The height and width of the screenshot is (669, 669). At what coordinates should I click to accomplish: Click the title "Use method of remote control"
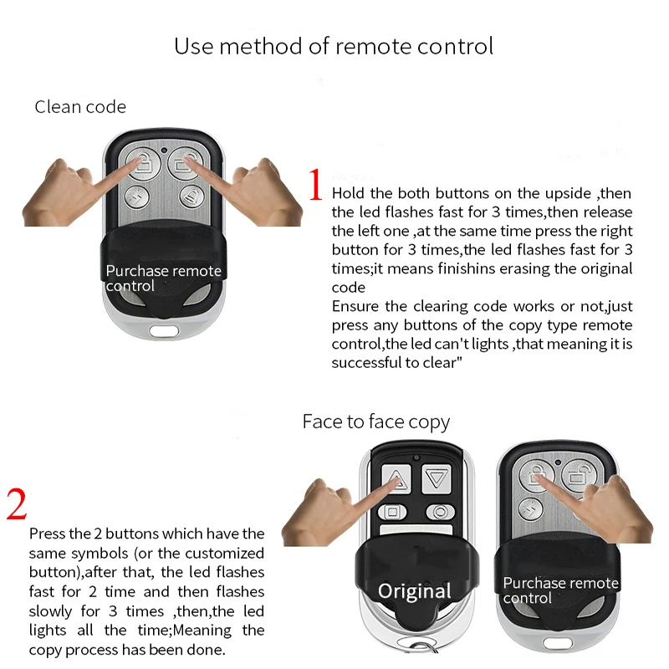tap(334, 46)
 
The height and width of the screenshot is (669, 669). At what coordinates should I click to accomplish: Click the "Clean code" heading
tap(80, 107)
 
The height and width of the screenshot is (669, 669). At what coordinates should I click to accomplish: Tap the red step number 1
tap(316, 184)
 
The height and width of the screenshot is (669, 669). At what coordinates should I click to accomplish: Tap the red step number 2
tap(17, 504)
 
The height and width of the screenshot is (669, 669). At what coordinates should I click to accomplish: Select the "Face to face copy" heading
tap(375, 422)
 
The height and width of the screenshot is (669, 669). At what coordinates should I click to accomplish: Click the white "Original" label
tap(414, 591)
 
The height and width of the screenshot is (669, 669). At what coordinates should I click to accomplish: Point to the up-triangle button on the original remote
tap(396, 478)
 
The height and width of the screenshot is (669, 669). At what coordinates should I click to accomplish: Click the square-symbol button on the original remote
tap(392, 512)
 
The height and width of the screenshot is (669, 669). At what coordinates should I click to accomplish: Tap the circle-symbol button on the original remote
tap(441, 512)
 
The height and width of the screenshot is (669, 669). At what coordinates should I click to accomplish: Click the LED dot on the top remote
tap(164, 151)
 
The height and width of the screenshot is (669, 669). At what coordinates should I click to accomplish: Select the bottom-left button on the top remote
tap(136, 197)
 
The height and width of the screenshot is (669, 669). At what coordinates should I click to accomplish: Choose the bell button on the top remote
tap(191, 197)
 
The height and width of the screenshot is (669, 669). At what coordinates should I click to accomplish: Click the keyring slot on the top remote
tap(164, 330)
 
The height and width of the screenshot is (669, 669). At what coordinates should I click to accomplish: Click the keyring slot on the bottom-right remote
tap(558, 642)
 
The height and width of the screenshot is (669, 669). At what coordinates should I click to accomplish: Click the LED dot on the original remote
tap(416, 457)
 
